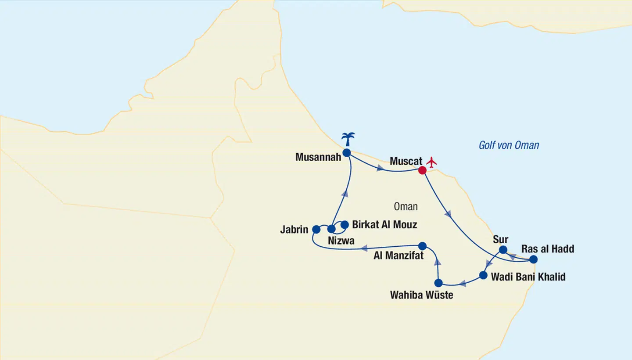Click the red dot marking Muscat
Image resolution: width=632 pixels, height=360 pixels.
pyautogui.click(x=422, y=170)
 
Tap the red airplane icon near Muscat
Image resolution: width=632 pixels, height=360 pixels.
pyautogui.click(x=432, y=162)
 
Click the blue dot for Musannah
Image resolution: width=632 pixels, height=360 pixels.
pyautogui.click(x=346, y=153)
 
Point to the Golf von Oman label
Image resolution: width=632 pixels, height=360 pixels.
pyautogui.click(x=509, y=145)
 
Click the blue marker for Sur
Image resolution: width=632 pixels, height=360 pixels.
pyautogui.click(x=503, y=250)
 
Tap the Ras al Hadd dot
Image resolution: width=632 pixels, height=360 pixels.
pyautogui.click(x=533, y=259)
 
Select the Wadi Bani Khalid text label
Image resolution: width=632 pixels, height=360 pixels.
pyautogui.click(x=528, y=277)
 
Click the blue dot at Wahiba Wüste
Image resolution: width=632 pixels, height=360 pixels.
pyautogui.click(x=438, y=283)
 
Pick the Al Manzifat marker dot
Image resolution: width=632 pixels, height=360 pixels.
pyautogui.click(x=422, y=246)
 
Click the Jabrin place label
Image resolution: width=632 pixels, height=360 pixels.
pyautogui.click(x=294, y=230)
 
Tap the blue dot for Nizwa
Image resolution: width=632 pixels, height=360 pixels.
pyautogui.click(x=331, y=229)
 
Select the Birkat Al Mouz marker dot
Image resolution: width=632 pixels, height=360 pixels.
pyautogui.click(x=345, y=225)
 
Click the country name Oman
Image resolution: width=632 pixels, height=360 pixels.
pyautogui.click(x=406, y=206)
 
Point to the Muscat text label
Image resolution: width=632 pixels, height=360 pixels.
pyautogui.click(x=406, y=162)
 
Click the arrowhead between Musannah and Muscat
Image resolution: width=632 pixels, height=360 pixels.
pyautogui.click(x=380, y=167)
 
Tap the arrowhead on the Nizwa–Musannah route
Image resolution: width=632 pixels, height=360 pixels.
pyautogui.click(x=345, y=193)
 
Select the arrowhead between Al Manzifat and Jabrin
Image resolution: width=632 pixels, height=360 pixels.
pyautogui.click(x=364, y=248)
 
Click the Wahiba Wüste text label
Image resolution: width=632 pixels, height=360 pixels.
pyautogui.click(x=421, y=295)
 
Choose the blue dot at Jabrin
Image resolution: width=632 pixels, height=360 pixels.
pyautogui.click(x=316, y=229)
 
